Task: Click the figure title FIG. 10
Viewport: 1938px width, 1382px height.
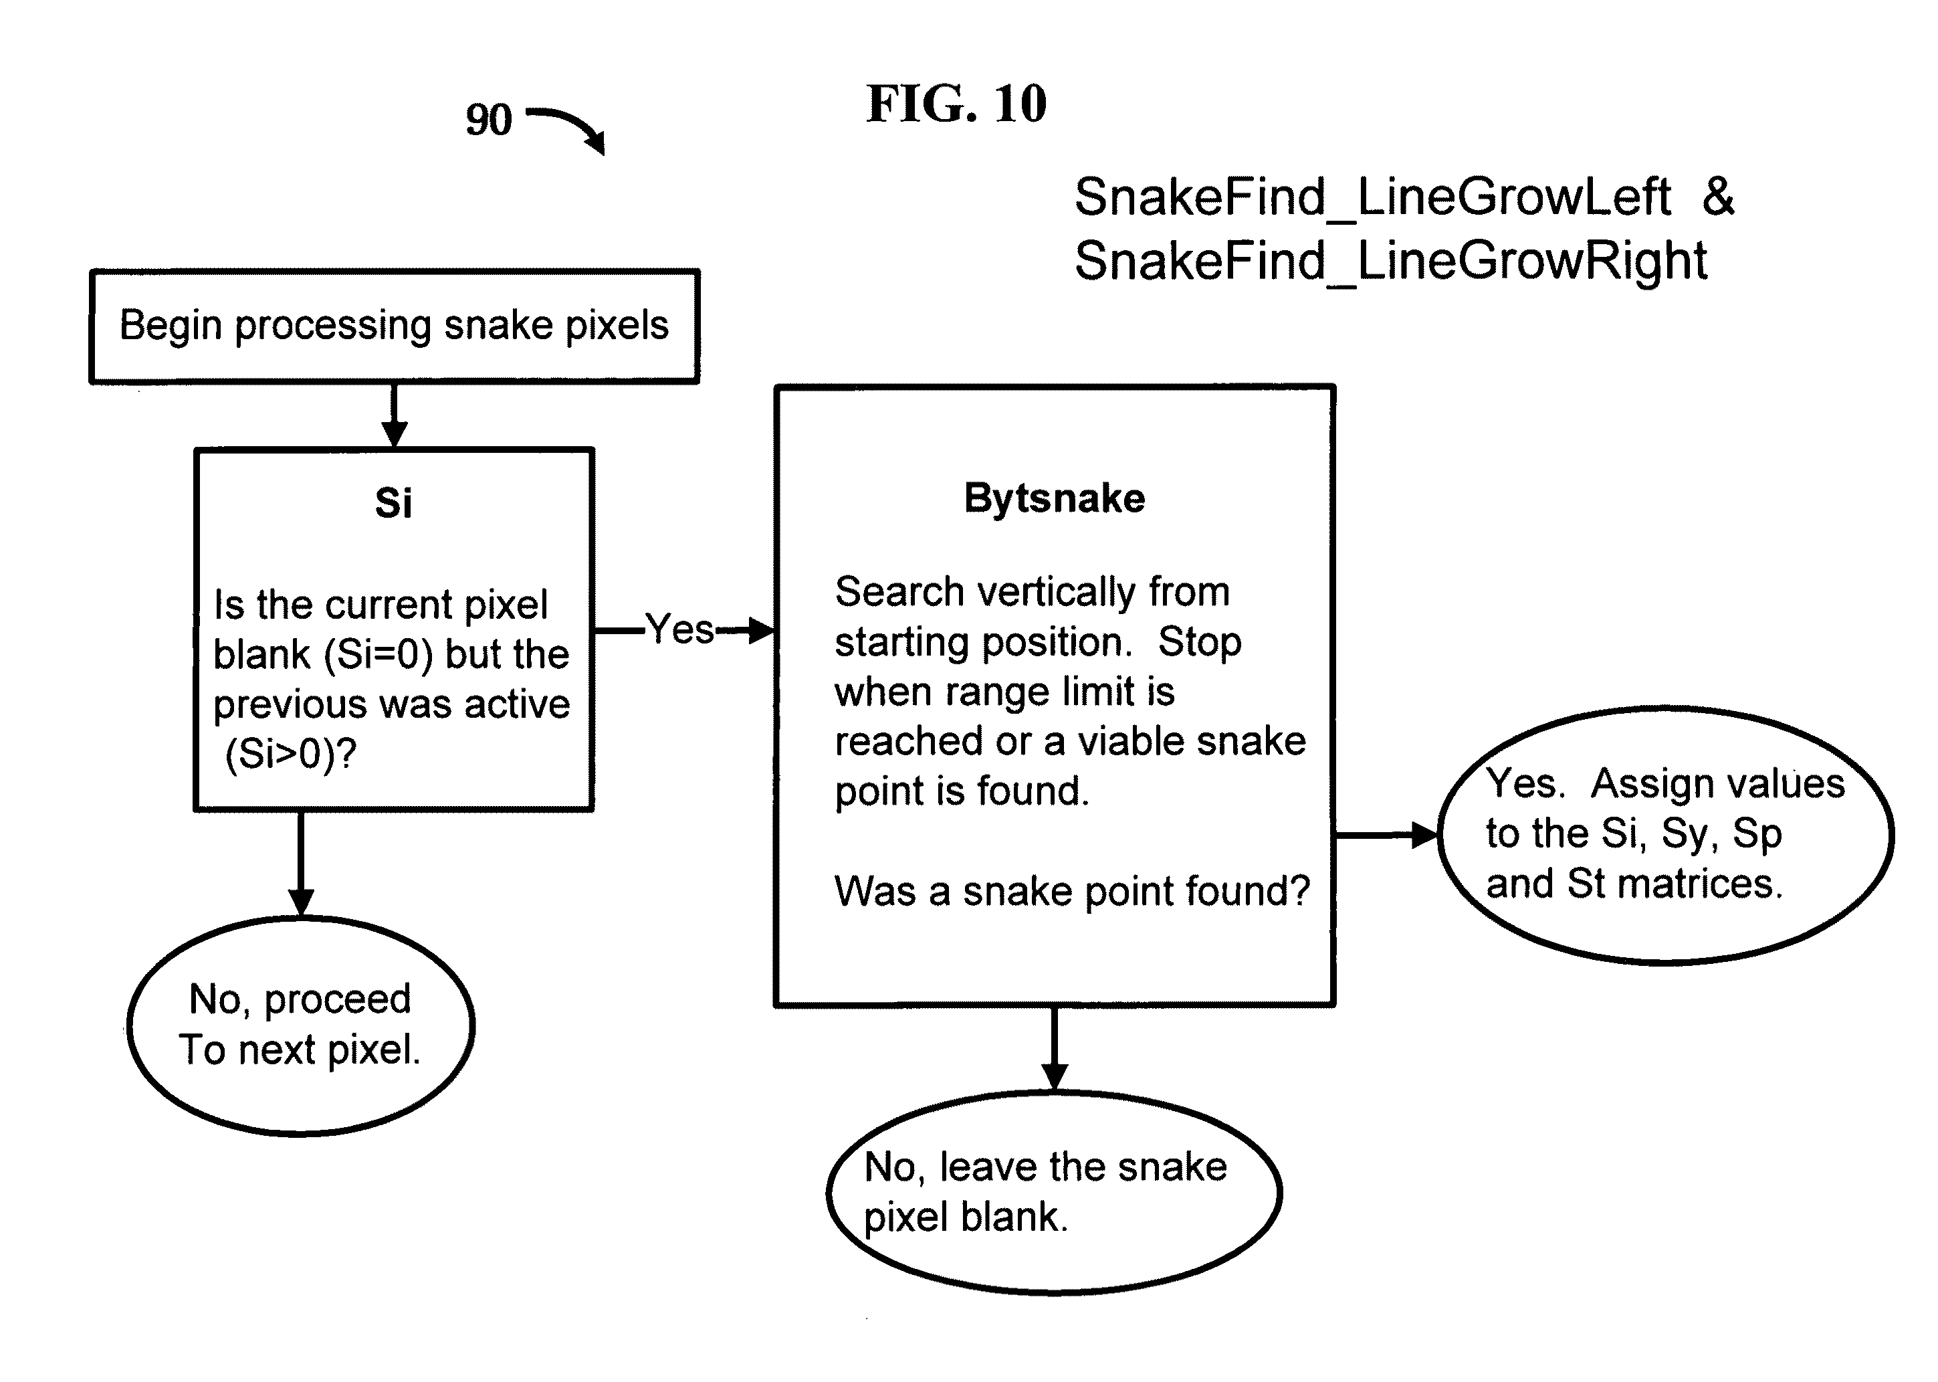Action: pos(956,104)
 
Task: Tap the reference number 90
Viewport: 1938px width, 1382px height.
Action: pos(488,119)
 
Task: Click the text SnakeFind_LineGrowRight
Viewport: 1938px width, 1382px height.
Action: pos(1390,260)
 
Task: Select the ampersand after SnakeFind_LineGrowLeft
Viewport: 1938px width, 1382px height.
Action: pos(1718,196)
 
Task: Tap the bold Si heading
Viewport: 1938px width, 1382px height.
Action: pos(393,503)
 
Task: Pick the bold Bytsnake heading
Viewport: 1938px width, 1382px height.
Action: pos(1054,498)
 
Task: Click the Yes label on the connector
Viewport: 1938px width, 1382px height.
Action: pos(679,629)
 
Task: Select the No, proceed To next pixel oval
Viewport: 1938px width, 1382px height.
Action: pos(300,1025)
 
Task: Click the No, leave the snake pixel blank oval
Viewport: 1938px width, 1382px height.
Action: pos(1054,1192)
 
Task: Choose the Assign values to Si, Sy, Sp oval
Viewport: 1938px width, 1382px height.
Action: pos(1665,835)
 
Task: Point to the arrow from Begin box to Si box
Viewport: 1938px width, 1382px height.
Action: pos(394,416)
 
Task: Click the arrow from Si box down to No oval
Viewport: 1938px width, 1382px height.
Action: pos(300,864)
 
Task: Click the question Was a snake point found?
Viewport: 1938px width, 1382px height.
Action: pos(1072,892)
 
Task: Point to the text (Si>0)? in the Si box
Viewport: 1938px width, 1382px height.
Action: pos(290,754)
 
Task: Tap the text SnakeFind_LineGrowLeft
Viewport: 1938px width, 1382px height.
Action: pos(1372,197)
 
